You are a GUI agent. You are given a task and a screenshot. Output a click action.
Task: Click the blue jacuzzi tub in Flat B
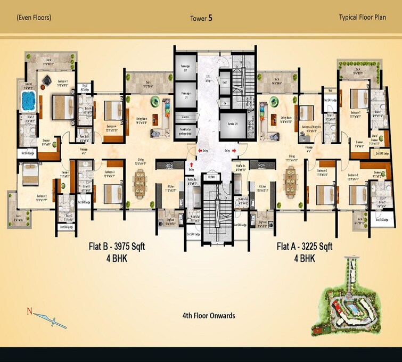27,100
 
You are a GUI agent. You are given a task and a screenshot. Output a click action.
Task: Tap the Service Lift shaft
230,124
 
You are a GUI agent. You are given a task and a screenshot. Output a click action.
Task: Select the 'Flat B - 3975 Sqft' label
117,246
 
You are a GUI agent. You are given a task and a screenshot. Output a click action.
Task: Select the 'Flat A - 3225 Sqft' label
304,246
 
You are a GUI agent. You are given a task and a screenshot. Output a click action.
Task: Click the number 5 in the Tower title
210,18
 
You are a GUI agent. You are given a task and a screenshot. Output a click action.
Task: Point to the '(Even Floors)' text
34,18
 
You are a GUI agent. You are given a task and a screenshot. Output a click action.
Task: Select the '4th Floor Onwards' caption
208,316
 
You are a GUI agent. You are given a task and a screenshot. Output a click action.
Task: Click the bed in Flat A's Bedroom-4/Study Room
306,113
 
